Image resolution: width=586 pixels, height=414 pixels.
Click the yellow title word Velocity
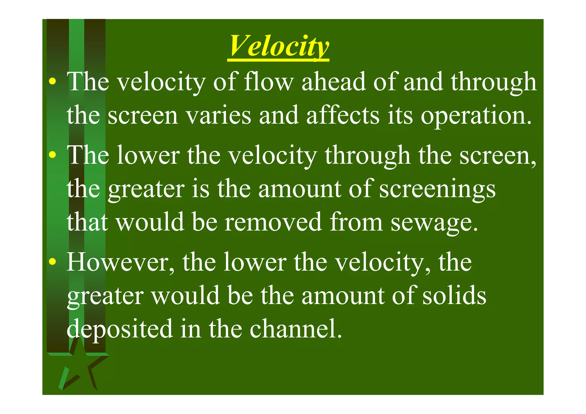[279, 46]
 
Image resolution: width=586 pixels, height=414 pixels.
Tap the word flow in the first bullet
[269, 82]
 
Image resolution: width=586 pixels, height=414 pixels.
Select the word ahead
[334, 82]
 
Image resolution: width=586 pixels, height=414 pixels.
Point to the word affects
[343, 115]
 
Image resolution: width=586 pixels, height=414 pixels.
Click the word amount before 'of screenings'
[300, 189]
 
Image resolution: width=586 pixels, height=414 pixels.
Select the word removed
[273, 222]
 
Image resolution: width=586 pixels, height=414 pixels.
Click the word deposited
[120, 329]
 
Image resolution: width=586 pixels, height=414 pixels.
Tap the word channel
[296, 329]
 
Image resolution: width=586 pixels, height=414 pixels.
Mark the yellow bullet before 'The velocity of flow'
[52, 82]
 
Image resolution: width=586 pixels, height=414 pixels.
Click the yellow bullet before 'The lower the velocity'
[52, 155]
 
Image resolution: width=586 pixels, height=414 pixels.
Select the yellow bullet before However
[52, 262]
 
